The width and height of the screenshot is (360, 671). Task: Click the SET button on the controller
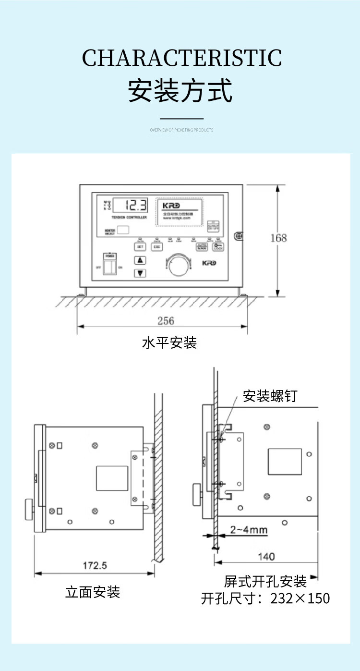(140, 247)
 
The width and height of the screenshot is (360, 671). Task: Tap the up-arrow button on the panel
(140, 260)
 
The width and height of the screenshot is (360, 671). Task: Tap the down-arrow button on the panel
(140, 273)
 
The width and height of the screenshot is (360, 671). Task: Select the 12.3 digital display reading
(136, 206)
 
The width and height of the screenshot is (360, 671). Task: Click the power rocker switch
(110, 267)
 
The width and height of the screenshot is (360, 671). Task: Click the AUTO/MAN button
(202, 247)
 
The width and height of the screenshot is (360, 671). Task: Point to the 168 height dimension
(279, 238)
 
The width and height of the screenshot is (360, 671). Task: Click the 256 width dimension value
(166, 320)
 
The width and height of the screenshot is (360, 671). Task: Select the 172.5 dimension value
(95, 565)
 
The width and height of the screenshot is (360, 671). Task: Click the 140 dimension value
(266, 557)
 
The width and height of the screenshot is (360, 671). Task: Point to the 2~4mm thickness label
(249, 530)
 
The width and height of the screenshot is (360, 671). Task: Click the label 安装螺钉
(270, 396)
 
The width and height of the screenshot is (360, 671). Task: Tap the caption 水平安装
(169, 343)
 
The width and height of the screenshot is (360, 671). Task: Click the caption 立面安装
(93, 592)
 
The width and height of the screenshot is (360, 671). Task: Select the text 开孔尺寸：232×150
(265, 598)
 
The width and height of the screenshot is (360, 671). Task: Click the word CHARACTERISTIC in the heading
(182, 58)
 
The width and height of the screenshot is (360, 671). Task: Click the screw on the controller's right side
(238, 236)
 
